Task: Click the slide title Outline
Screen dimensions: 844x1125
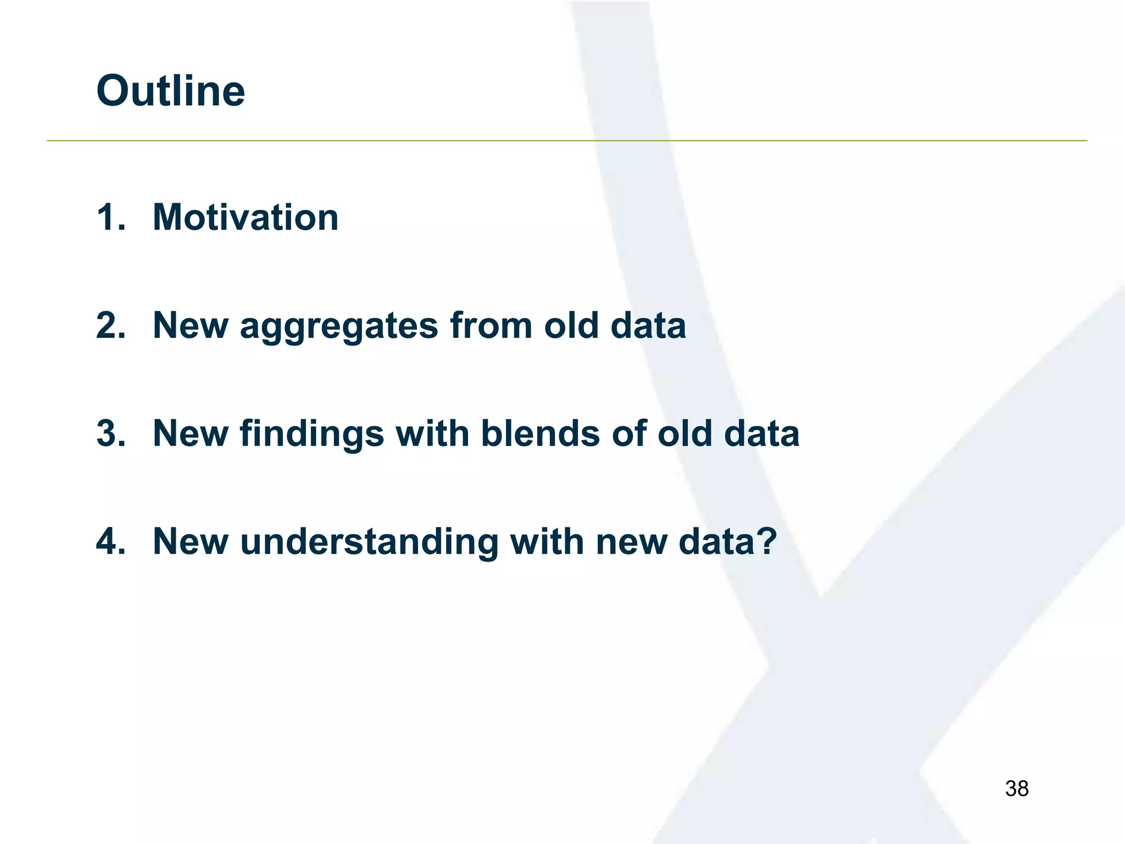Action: (x=170, y=91)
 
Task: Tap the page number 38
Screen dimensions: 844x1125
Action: (x=1016, y=789)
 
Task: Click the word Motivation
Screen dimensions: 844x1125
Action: (x=245, y=217)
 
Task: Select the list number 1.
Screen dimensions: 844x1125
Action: (x=110, y=217)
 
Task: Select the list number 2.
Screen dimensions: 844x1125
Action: (x=110, y=325)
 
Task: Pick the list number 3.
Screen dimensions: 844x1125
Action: (x=110, y=434)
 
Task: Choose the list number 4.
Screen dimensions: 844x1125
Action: (x=110, y=542)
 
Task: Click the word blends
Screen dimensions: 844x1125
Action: (x=541, y=434)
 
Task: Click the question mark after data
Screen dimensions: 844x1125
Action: (x=766, y=542)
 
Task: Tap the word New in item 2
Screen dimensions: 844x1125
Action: (x=190, y=325)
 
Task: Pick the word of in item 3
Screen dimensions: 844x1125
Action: (x=628, y=434)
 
